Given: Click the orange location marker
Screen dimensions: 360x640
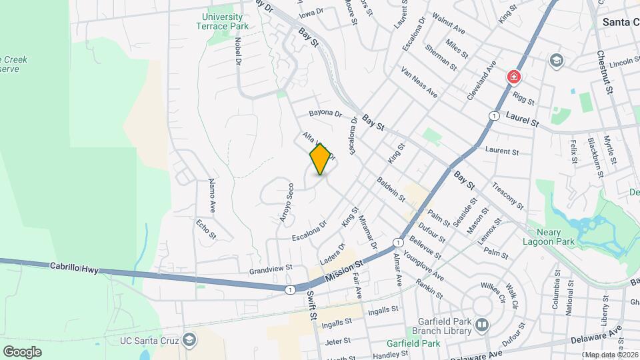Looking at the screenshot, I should pyautogui.click(x=321, y=159).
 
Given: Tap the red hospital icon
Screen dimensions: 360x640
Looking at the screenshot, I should pyautogui.click(x=514, y=77).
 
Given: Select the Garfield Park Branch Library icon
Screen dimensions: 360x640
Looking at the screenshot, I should pyautogui.click(x=482, y=325).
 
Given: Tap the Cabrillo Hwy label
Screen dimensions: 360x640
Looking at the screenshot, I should pyautogui.click(x=74, y=267).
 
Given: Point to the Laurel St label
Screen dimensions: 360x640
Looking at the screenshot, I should pyautogui.click(x=522, y=120).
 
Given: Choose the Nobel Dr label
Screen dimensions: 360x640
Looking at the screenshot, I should pyautogui.click(x=237, y=49).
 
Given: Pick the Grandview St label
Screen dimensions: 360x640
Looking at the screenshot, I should pyautogui.click(x=271, y=269).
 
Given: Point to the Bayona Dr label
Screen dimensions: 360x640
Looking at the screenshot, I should pyautogui.click(x=325, y=114).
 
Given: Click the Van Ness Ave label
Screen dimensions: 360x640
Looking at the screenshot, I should pyautogui.click(x=419, y=83).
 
